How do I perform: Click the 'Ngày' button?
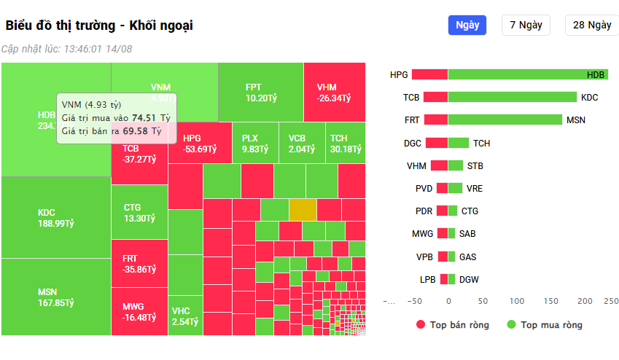pos(467,25)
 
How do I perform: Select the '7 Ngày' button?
pos(526,25)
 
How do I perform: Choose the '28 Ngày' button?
pos(591,25)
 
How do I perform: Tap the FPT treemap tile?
pos(260,92)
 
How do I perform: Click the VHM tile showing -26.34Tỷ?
pos(334,92)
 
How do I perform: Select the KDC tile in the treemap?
pos(55,218)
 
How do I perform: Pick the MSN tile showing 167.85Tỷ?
pos(55,297)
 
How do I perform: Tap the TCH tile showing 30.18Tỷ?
pos(348,143)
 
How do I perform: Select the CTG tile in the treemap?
pos(139,212)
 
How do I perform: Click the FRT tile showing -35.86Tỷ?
pos(139,263)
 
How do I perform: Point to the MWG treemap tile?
pos(139,311)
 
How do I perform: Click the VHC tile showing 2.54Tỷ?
pos(185,315)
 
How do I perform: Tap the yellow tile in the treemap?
pos(303,209)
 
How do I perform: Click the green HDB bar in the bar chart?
pos(527,74)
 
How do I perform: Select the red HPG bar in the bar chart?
pos(429,74)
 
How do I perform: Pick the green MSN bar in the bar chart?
pos(505,120)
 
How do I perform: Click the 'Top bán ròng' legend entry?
pos(452,325)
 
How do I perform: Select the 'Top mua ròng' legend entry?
pos(544,325)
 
